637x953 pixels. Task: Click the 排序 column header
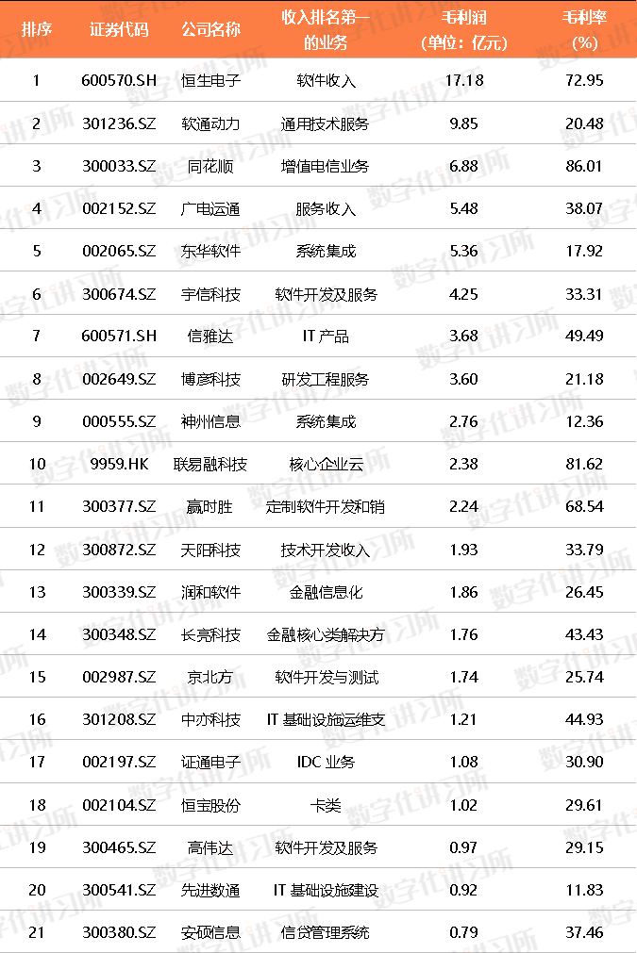(x=37, y=29)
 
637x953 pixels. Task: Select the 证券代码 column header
(x=119, y=29)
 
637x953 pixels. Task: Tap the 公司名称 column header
(x=210, y=29)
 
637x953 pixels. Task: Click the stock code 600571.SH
(x=119, y=336)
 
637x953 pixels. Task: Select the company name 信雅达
(x=210, y=336)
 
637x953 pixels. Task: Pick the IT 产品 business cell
(x=326, y=336)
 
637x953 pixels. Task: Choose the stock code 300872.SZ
(x=119, y=550)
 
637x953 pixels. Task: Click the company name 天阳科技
(x=210, y=550)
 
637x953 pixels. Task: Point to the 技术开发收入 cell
(x=326, y=550)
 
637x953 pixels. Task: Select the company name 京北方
(x=210, y=677)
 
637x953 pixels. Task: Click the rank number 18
(x=37, y=805)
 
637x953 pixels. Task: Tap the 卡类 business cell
(x=326, y=805)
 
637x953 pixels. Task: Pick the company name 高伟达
(x=210, y=847)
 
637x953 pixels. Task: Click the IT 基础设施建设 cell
(x=326, y=890)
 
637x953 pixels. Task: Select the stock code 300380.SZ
(x=119, y=932)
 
